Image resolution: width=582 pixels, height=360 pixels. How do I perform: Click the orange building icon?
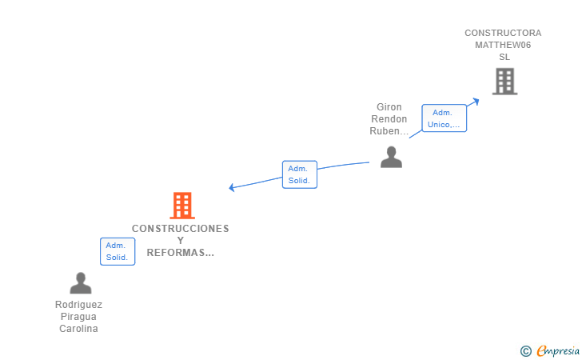tap(182, 206)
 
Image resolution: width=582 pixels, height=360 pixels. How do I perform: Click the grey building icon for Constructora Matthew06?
tap(504, 82)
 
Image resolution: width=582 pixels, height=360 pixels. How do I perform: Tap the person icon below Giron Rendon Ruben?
tap(391, 157)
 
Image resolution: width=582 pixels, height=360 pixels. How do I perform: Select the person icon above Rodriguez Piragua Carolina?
tap(81, 283)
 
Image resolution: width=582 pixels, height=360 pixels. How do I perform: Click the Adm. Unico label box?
tap(444, 118)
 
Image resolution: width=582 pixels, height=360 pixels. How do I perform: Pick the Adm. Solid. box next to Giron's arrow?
tap(300, 174)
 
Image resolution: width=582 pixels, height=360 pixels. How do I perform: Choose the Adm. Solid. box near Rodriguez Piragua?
tap(118, 251)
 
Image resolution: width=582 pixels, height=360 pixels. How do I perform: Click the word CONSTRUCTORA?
tap(503, 33)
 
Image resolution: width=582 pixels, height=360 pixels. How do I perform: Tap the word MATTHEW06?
tap(503, 45)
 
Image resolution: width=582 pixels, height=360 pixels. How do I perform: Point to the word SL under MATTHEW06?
tap(504, 57)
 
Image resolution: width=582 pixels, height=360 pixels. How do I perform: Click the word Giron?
tap(389, 107)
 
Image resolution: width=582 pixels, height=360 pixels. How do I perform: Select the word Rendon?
tap(389, 119)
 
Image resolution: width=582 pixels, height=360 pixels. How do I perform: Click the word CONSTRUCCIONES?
tap(181, 229)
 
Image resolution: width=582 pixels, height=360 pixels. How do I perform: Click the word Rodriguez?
tap(78, 305)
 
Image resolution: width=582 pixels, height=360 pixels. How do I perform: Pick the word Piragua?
tap(78, 317)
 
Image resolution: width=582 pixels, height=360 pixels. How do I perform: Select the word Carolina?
tap(78, 329)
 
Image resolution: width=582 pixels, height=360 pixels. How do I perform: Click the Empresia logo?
tap(550, 350)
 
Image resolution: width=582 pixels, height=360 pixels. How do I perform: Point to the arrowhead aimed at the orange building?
tap(232, 187)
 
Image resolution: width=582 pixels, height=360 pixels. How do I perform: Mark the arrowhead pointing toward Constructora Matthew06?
tap(476, 101)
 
